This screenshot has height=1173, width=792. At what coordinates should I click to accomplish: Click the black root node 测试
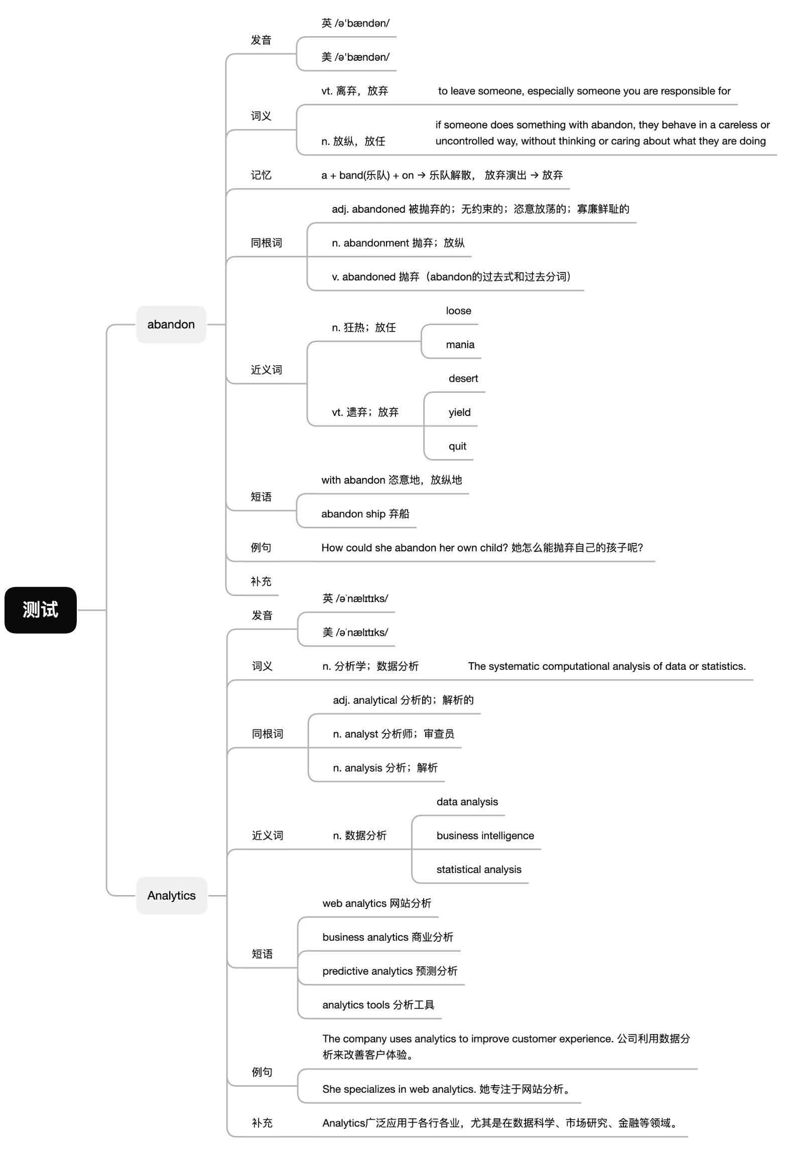tap(40, 610)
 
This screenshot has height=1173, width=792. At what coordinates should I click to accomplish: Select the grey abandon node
tap(171, 325)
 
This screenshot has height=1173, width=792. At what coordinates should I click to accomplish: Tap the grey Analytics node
tap(172, 896)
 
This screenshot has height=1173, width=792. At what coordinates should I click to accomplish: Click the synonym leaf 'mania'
tap(460, 345)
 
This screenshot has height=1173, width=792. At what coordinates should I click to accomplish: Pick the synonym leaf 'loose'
tap(458, 311)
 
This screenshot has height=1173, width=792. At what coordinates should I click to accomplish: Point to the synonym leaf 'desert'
tap(463, 379)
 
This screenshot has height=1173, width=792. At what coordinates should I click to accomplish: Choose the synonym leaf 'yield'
tap(459, 412)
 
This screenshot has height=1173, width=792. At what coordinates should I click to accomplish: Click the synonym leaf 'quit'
tap(457, 446)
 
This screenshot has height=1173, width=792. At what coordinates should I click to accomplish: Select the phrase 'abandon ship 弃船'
tap(365, 514)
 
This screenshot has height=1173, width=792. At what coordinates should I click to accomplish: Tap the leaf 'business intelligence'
tap(485, 835)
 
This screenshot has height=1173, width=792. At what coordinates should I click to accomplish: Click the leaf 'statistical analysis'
tap(479, 869)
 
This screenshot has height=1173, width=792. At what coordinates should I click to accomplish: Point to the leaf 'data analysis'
tap(467, 802)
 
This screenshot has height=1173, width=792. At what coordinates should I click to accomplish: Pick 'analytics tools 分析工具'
tap(378, 1005)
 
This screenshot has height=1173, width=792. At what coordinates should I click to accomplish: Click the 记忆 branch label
tap(261, 175)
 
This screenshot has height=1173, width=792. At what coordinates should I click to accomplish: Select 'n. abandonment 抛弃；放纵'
tap(399, 243)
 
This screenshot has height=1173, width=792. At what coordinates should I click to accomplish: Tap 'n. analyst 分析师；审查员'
tap(393, 734)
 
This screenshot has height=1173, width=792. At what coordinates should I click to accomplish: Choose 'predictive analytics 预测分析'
tap(389, 971)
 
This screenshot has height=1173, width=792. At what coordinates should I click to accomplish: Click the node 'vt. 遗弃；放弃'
tap(365, 412)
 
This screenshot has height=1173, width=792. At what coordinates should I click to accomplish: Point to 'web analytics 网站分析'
tap(376, 904)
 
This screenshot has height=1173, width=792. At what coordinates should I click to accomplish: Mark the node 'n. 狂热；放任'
tap(364, 328)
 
